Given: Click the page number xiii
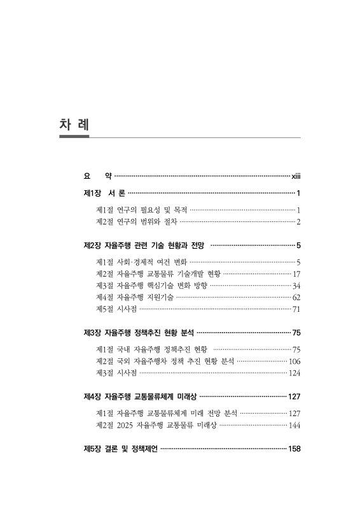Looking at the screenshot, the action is pos(295,175).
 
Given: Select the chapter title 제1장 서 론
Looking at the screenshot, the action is pos(104,193).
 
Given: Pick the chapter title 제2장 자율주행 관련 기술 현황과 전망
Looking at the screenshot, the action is pos(144,244).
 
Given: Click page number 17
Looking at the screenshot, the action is pos(296,274).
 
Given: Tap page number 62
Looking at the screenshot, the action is pos(296,297).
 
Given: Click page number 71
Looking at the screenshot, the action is pos(296,309).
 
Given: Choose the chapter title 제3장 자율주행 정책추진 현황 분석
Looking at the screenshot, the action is pos(138,332).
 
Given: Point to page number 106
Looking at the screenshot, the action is pos(294,361).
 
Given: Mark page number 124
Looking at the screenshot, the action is pos(294,373).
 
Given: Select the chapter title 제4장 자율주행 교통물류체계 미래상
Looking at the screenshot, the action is pos(139,396).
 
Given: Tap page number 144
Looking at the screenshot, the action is pos(294,425).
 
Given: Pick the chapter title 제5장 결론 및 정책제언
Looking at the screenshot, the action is pos(120,449).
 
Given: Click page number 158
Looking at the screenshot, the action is pos(294,449).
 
